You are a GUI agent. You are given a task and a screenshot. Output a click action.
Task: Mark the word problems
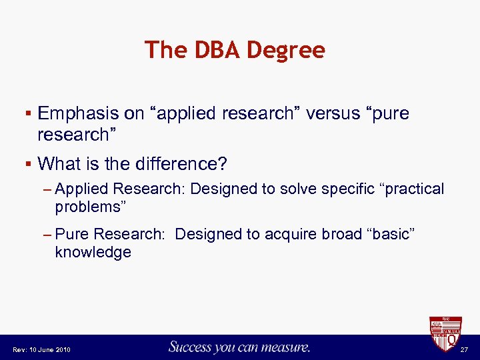87,207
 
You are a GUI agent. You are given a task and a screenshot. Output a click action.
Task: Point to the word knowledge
93,252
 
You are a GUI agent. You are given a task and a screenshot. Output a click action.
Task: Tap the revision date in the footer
41,349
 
